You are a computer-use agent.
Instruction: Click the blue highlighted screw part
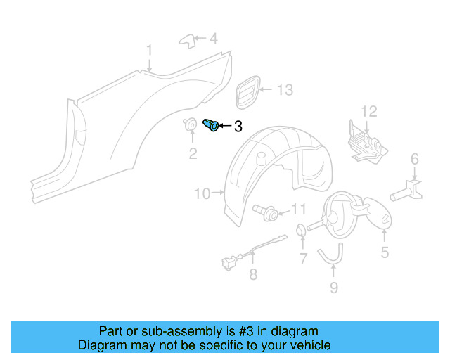pos(210,125)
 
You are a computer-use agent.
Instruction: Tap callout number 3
pos(238,127)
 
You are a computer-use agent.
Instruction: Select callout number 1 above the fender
pos(149,50)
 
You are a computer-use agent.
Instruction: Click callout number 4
pos(213,39)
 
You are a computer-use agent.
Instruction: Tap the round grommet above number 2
pos(190,127)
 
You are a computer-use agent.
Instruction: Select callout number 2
pos(192,153)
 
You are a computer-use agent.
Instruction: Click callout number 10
pos(202,193)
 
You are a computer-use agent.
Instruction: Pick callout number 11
pos(299,209)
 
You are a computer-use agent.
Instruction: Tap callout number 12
pos(368,111)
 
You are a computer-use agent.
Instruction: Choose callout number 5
pos(385,252)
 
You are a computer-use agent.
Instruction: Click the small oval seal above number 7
pos(300,229)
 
